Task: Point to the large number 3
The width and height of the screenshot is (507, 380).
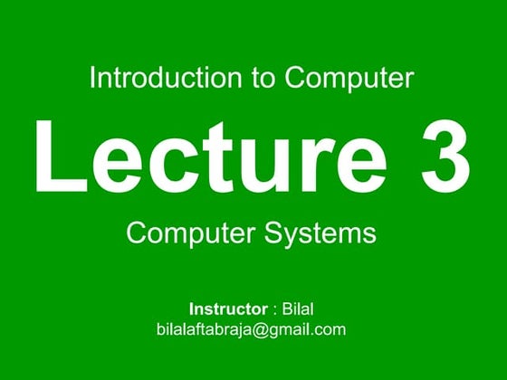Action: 445,156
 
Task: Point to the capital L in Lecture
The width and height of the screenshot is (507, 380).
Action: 57,156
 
